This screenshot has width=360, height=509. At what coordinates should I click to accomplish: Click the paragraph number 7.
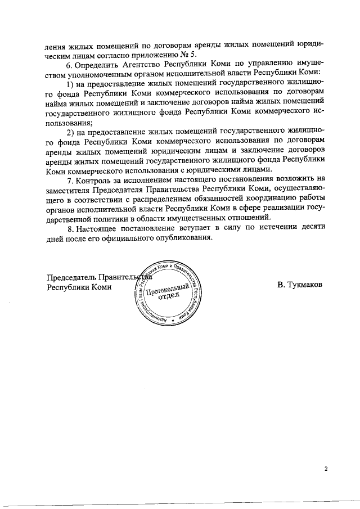[x=69, y=181]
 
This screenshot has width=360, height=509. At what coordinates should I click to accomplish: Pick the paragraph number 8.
[x=69, y=229]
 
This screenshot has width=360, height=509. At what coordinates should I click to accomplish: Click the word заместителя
[x=66, y=190]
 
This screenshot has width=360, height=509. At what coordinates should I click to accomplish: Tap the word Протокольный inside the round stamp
[x=167, y=291]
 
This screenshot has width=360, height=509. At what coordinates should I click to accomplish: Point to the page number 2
[x=325, y=468]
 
